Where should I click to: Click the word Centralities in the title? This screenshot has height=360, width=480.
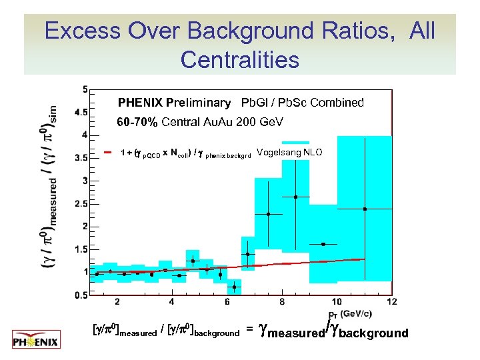coord(239,60)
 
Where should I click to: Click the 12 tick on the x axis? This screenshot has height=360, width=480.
coord(391,302)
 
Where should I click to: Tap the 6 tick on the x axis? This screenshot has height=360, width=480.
coord(227,302)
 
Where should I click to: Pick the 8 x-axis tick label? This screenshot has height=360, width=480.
coord(282,302)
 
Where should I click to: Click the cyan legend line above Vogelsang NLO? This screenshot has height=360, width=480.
coord(295,142)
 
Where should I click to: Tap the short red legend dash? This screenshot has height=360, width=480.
coord(108,153)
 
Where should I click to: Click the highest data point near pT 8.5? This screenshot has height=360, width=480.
coord(295,197)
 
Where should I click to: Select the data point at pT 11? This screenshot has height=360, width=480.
coord(365,209)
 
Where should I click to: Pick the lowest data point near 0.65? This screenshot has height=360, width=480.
coord(234,287)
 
